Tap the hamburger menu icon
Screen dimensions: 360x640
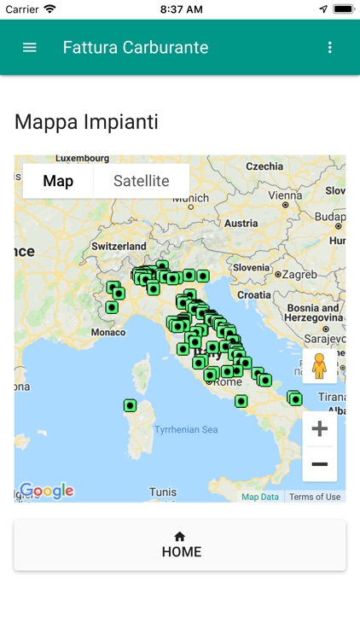(x=30, y=48)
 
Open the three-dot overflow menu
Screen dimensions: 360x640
(x=330, y=48)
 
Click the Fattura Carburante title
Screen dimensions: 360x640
(x=136, y=48)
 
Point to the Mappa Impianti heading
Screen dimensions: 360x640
(x=86, y=122)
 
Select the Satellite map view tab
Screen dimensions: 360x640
(x=141, y=181)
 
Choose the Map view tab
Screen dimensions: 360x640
(x=58, y=181)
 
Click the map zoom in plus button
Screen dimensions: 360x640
(x=320, y=428)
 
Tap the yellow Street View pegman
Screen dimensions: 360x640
(x=320, y=366)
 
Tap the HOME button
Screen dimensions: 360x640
(x=180, y=544)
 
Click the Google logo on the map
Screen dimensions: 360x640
(x=47, y=491)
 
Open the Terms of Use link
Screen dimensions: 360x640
(x=314, y=497)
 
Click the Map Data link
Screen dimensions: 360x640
(x=260, y=497)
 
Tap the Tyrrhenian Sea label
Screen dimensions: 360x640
(x=186, y=429)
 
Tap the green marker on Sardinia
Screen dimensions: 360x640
(x=130, y=405)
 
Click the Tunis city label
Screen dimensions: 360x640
(x=163, y=492)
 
